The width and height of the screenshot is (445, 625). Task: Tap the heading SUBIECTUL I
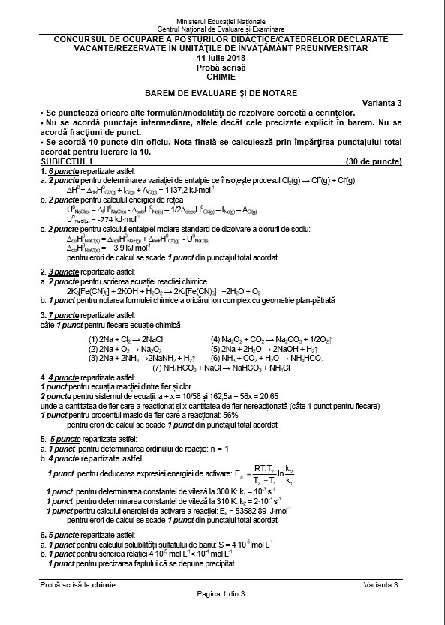click(x=66, y=161)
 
